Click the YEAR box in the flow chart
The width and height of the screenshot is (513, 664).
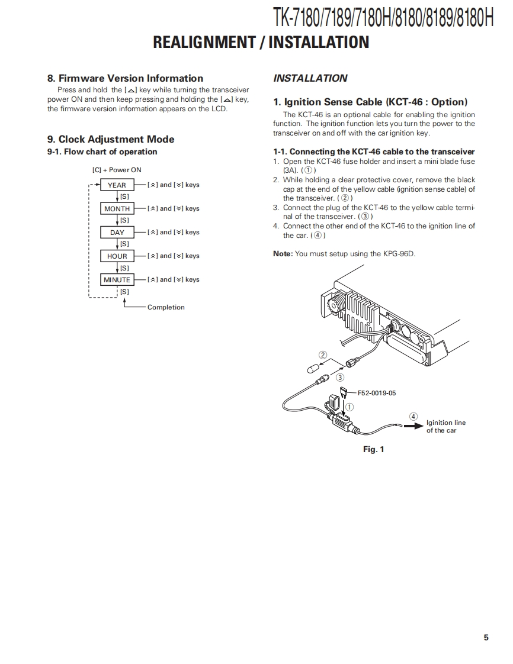[x=117, y=185]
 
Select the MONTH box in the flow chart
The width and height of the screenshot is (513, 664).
[x=117, y=208]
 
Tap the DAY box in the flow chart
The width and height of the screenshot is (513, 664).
[x=117, y=232]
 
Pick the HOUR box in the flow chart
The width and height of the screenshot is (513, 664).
[x=117, y=256]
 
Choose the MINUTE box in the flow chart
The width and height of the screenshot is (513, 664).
[x=117, y=279]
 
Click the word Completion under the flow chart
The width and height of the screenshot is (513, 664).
[x=166, y=307]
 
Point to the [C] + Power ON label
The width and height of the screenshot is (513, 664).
[x=117, y=170]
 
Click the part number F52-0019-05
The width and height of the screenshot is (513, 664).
[x=377, y=392]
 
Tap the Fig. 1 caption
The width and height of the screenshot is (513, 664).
[x=373, y=449]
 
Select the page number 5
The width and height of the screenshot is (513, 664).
[x=486, y=637]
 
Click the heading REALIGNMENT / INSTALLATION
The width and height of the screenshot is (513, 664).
[x=261, y=42]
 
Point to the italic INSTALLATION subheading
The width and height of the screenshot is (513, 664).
[x=310, y=78]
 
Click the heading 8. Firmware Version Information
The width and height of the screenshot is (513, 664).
[x=125, y=78]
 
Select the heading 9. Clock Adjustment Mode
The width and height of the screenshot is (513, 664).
[x=111, y=139]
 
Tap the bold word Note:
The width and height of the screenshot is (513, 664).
[x=283, y=253]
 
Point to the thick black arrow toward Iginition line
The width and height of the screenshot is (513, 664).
[x=413, y=427]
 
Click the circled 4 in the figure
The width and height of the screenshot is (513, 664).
[x=413, y=416]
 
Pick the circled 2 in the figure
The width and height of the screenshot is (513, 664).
[x=323, y=355]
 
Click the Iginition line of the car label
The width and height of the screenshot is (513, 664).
[x=445, y=427]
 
